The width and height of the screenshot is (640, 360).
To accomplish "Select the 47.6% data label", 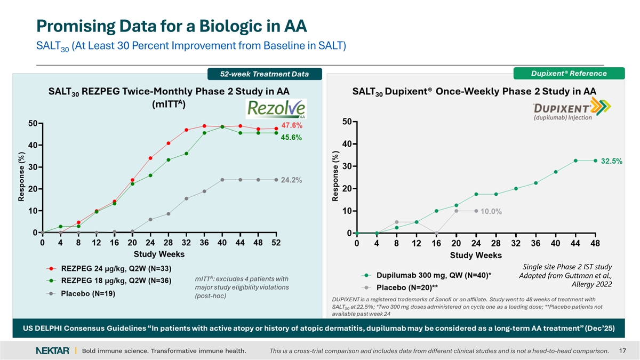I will (292, 126).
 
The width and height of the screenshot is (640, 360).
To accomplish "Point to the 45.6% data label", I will (291, 138).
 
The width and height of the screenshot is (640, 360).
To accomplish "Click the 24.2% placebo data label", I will (292, 180).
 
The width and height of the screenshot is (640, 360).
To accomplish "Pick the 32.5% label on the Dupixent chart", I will (612, 161).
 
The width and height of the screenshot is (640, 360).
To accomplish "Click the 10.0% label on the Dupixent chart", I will (491, 212).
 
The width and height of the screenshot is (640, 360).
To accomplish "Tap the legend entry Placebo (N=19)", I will (90, 293).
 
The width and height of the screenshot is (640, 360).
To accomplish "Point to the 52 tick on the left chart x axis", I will (276, 243).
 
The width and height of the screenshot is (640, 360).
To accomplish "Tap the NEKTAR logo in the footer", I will (52, 350).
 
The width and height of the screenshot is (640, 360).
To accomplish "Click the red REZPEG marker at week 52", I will (276, 129).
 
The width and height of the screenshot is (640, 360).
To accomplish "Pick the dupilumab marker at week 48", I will (595, 161).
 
